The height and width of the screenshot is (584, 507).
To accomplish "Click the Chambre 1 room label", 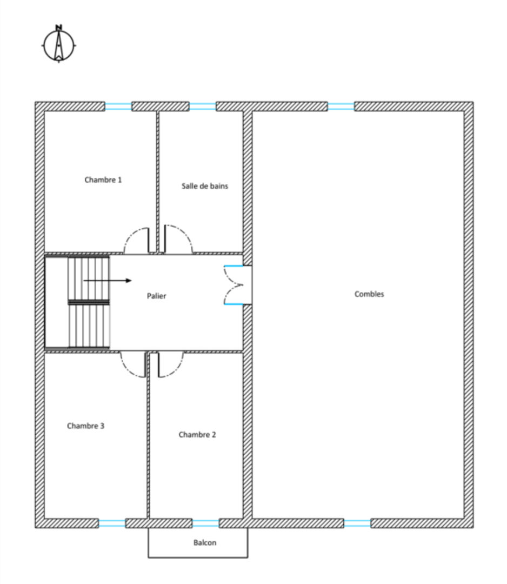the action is pyautogui.click(x=103, y=180).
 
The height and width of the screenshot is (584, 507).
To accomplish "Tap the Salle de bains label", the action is pyautogui.click(x=205, y=186).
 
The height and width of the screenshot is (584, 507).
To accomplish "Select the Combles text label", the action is pyautogui.click(x=369, y=294).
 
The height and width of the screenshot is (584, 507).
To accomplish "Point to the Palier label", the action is pyautogui.click(x=156, y=296).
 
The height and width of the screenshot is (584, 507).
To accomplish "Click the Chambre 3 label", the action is pyautogui.click(x=85, y=426).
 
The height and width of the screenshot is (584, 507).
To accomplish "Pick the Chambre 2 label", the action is pyautogui.click(x=197, y=435).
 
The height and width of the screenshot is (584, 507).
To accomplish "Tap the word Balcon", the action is pyautogui.click(x=205, y=543).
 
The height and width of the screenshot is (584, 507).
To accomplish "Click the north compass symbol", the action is pyautogui.click(x=59, y=44).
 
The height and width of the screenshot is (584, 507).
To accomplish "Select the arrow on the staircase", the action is pyautogui.click(x=108, y=281).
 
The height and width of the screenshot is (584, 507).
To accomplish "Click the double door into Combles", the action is pyautogui.click(x=234, y=285).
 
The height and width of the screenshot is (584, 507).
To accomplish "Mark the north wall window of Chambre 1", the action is pyautogui.click(x=118, y=107).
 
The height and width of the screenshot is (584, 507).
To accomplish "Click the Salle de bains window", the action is pyautogui.click(x=203, y=107).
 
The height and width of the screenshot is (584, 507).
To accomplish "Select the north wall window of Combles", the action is pyautogui.click(x=341, y=107).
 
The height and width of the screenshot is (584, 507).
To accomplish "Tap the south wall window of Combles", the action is pyautogui.click(x=357, y=523).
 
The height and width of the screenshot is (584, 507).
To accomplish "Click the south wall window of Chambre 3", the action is pyautogui.click(x=112, y=523).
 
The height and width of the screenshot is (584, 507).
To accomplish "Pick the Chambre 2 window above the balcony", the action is pyautogui.click(x=205, y=523).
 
